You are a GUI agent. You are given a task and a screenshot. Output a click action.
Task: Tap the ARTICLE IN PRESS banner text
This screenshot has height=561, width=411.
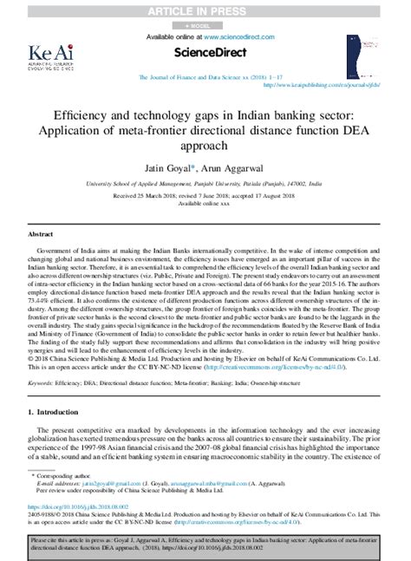pyautogui.click(x=204, y=10)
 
